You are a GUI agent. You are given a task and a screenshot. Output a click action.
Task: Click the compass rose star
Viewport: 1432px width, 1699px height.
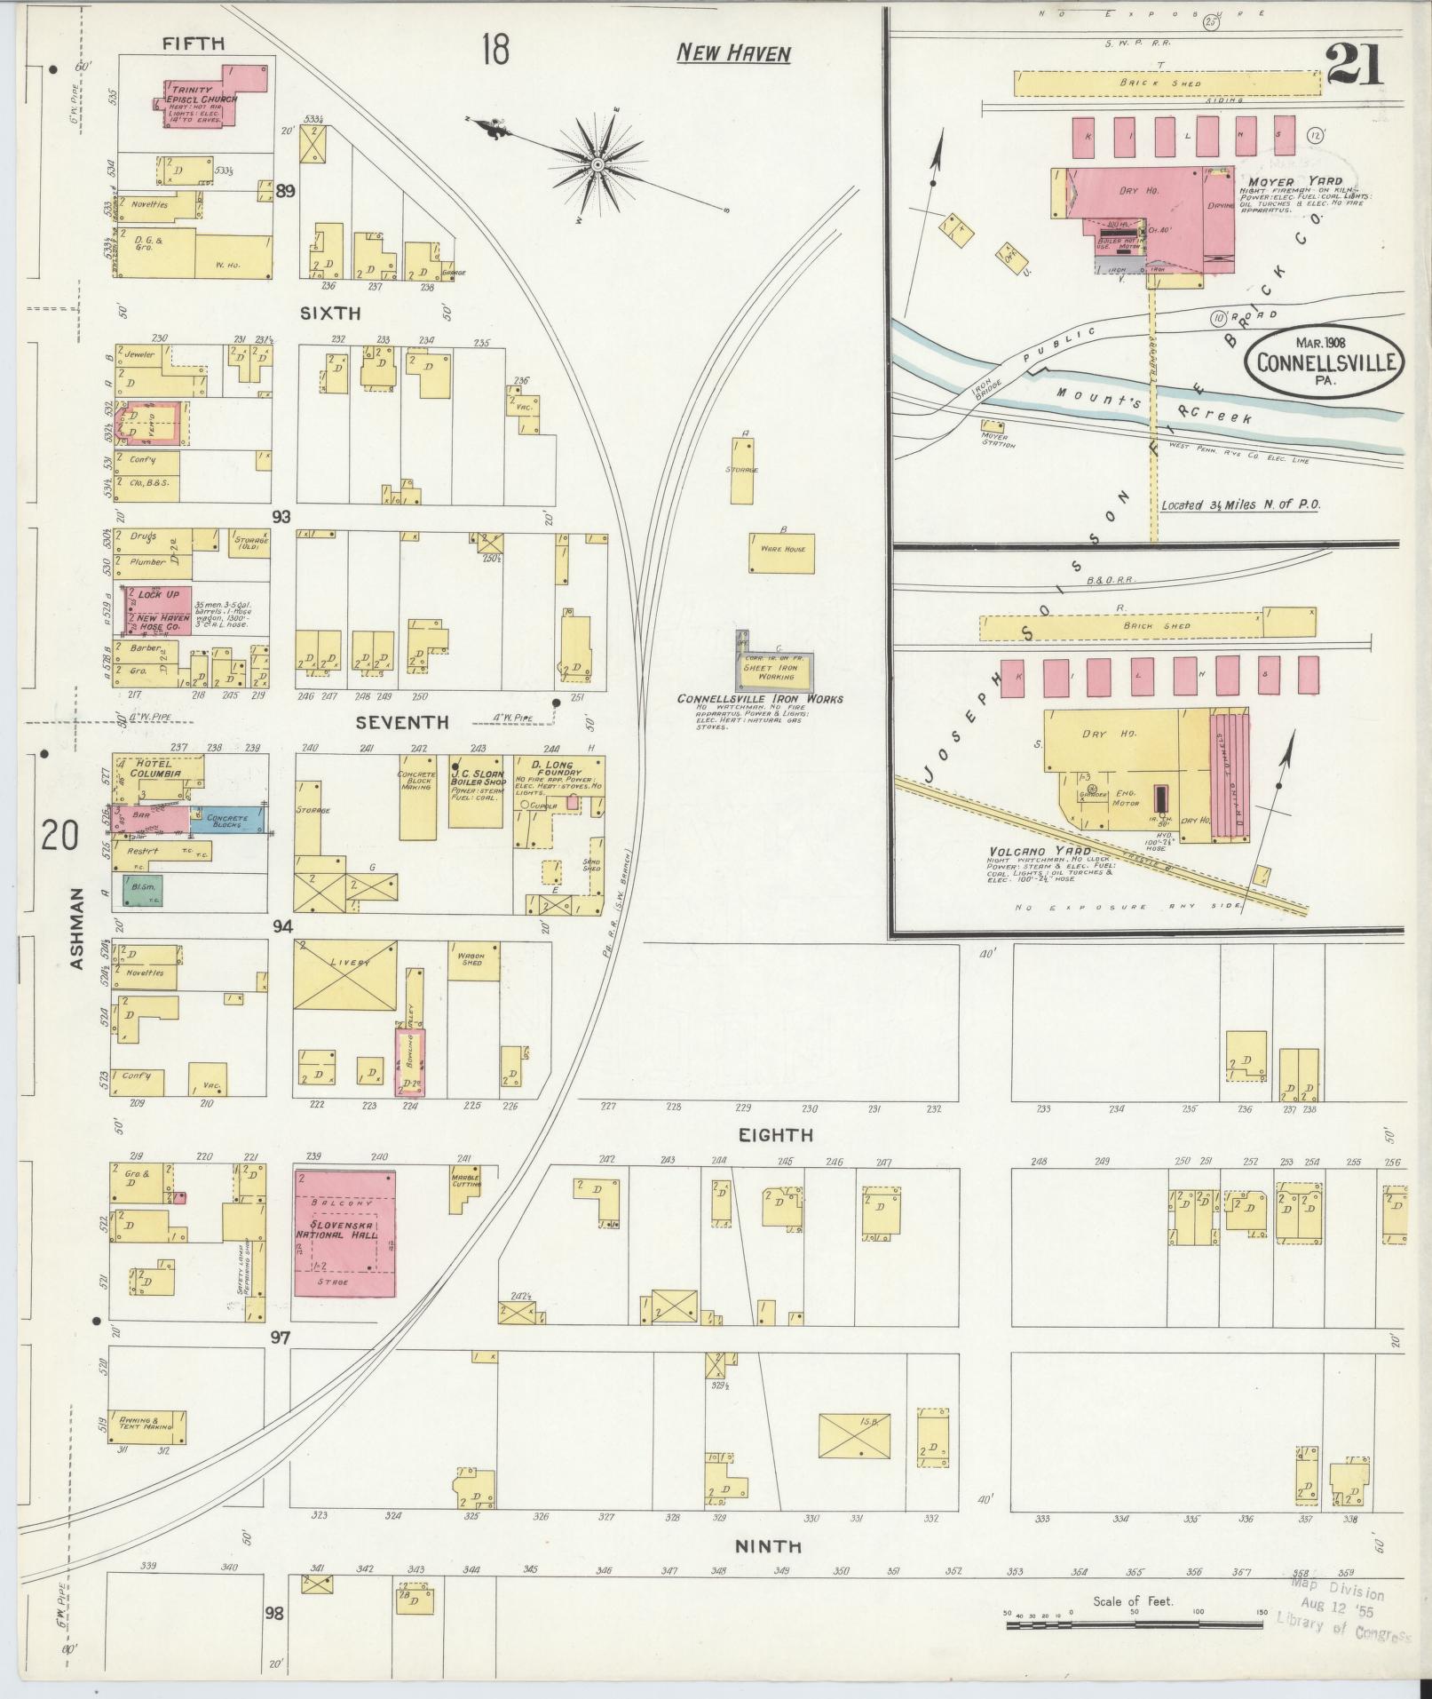point(597,165)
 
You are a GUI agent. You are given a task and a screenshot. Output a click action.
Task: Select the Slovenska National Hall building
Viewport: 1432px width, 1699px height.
point(344,1232)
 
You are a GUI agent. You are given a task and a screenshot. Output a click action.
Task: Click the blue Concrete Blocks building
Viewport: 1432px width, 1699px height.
point(228,821)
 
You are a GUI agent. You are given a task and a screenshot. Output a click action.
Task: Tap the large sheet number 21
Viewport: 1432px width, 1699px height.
point(1354,65)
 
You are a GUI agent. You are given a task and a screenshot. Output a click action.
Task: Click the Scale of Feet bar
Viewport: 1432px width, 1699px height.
point(1134,1625)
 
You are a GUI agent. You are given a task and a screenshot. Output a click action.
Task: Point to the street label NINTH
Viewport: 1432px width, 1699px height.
point(768,1546)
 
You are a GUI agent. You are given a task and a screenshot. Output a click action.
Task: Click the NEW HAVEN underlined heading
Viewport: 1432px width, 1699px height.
point(732,54)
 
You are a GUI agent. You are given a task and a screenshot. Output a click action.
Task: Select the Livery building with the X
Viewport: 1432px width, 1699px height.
point(344,974)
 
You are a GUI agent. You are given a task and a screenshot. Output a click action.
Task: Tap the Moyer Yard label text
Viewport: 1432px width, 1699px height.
point(1277,180)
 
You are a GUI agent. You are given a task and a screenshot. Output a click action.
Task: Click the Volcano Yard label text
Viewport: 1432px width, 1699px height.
point(1028,852)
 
